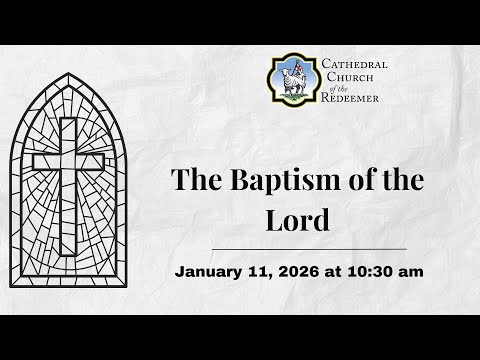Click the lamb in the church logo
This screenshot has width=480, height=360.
coord(291,82)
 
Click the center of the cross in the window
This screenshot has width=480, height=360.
coord(68,161)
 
